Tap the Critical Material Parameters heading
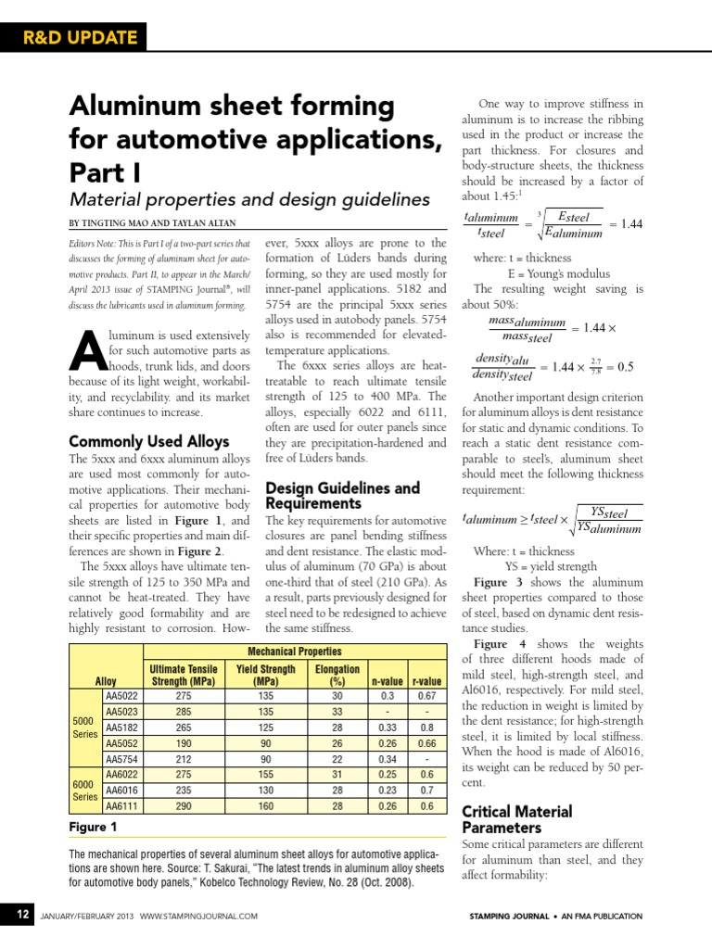tap(516, 818)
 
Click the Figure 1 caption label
tap(93, 827)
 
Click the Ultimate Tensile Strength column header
tap(183, 675)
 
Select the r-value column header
tap(426, 681)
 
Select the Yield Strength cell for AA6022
tap(266, 775)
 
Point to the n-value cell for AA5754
tap(387, 759)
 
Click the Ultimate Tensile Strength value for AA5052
tap(183, 743)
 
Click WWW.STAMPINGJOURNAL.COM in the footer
tap(198, 917)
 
